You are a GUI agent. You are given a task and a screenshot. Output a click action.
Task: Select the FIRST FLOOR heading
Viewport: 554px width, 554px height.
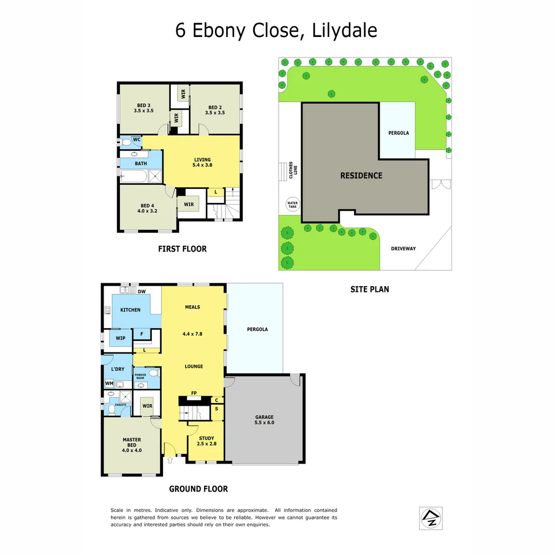tap(182, 249)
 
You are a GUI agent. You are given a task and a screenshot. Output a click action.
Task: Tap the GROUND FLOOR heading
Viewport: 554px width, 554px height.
tap(199, 489)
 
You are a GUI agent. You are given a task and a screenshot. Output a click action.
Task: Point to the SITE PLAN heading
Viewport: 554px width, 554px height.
tap(369, 289)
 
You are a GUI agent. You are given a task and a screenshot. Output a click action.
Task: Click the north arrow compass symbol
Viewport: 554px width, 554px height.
tap(431, 518)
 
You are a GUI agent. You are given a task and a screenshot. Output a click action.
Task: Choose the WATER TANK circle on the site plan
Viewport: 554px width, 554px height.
tap(292, 205)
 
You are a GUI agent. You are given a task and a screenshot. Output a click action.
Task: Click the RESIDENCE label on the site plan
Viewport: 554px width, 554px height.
tap(361, 175)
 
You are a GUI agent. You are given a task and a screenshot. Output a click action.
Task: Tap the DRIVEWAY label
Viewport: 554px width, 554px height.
tap(403, 249)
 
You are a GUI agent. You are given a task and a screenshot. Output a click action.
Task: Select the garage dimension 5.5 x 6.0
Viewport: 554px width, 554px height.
tap(265, 423)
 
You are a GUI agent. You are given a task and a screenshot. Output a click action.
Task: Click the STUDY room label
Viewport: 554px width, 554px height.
tap(206, 439)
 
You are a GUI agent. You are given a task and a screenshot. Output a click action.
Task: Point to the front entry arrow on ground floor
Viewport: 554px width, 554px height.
tap(170, 460)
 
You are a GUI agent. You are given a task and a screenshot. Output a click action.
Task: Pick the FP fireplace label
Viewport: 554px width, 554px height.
tap(194, 393)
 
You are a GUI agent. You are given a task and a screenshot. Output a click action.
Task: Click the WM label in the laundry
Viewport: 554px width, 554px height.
tap(109, 383)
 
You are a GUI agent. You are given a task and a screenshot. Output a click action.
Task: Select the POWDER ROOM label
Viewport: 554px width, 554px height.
tap(140, 377)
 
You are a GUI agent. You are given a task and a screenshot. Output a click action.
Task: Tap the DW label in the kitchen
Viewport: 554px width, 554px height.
tap(142, 292)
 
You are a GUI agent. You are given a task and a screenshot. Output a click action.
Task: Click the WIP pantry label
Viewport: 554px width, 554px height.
tap(121, 339)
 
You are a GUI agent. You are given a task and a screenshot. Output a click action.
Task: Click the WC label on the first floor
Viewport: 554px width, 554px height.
tap(136, 140)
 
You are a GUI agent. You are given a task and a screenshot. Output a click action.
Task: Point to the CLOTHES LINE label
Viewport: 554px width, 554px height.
tap(293, 170)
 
